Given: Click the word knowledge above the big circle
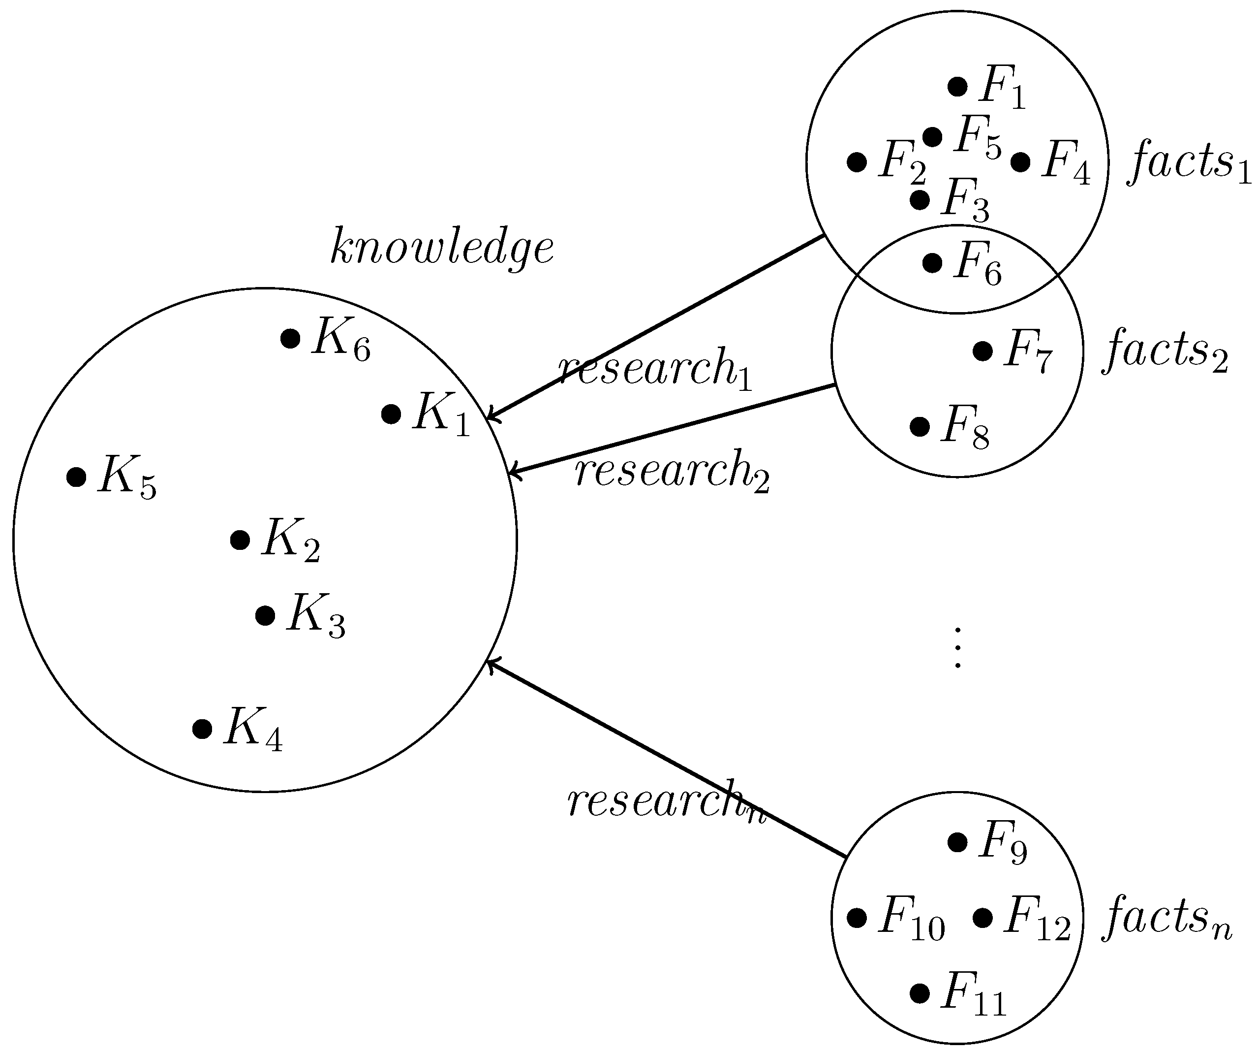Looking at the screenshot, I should [442, 247].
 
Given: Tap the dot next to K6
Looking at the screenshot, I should [290, 338].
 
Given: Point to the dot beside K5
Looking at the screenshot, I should [76, 477].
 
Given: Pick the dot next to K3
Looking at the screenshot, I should [265, 615].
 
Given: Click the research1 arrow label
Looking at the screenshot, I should [655, 369].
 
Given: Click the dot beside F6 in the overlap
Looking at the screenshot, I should [932, 263].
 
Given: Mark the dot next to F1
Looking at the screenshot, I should [957, 86].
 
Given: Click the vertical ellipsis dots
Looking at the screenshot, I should [957, 648].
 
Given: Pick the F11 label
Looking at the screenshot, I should [973, 994].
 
